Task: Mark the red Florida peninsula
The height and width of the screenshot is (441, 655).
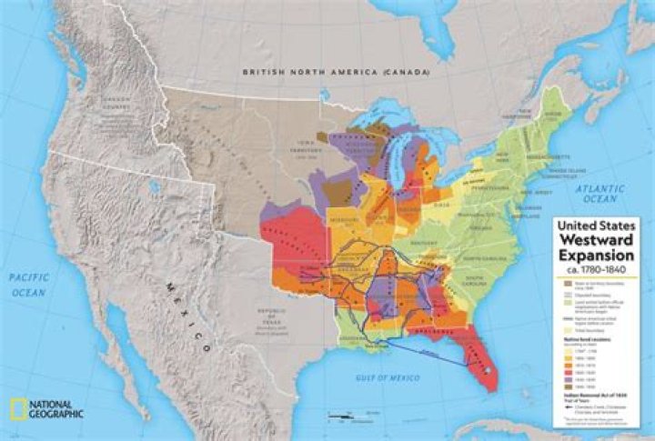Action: [482, 359]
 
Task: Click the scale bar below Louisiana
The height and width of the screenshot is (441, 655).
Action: [340, 417]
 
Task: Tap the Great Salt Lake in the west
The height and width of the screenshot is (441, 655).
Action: [155, 188]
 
